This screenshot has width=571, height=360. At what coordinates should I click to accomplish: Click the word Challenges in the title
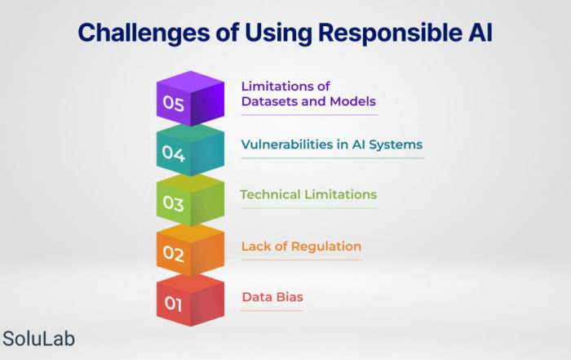pyautogui.click(x=144, y=33)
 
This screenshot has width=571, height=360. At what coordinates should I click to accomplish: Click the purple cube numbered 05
pyautogui.click(x=190, y=99)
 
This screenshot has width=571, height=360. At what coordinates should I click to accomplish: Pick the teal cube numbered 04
pyautogui.click(x=190, y=150)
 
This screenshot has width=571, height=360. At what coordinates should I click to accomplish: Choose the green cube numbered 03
pyautogui.click(x=190, y=200)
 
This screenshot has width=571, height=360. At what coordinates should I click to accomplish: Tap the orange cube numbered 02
pyautogui.click(x=190, y=251)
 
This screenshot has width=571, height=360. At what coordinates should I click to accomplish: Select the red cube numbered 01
pyautogui.click(x=190, y=300)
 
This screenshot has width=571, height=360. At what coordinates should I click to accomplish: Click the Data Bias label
pyautogui.click(x=272, y=297)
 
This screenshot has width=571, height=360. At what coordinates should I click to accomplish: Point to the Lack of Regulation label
pyautogui.click(x=301, y=247)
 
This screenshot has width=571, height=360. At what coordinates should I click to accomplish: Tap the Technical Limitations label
pyautogui.click(x=308, y=194)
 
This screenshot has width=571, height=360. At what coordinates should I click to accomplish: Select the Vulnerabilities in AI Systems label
pyautogui.click(x=332, y=144)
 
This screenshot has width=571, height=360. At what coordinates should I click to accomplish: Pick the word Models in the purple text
pyautogui.click(x=352, y=101)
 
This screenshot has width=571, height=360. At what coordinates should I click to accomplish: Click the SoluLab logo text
pyautogui.click(x=38, y=339)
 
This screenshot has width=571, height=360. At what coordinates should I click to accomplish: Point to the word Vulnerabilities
pyautogui.click(x=287, y=144)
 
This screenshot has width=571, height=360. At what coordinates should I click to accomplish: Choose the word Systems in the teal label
pyautogui.click(x=396, y=145)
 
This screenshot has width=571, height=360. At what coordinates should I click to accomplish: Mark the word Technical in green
pyautogui.click(x=270, y=194)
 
